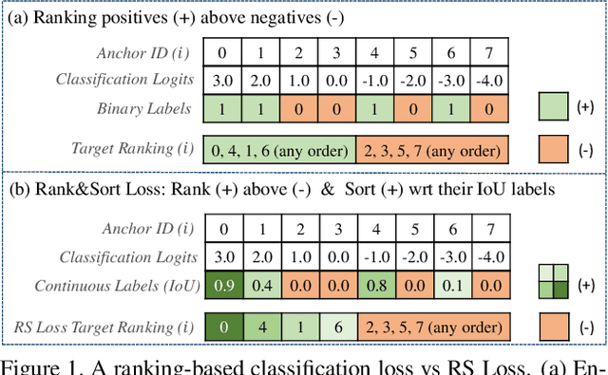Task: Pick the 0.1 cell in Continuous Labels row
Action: pos(452,284)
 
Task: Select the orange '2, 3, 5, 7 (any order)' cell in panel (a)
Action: pos(432,149)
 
